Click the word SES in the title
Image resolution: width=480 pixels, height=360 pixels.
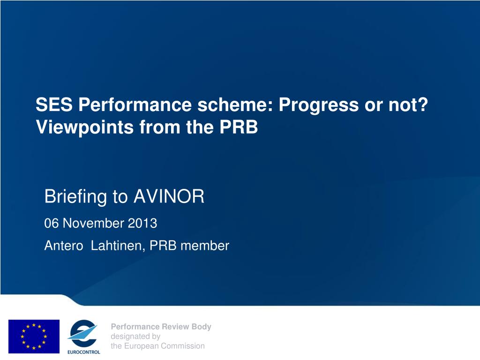[54, 105]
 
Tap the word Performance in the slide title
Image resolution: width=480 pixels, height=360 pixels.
[135, 105]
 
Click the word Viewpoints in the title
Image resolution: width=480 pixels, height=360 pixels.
[85, 127]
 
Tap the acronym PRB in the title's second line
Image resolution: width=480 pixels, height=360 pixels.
[239, 127]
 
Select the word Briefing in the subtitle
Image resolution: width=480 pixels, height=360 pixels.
[75, 197]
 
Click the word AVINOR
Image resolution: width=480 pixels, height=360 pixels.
[169, 196]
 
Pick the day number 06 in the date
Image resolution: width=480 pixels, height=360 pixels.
[51, 223]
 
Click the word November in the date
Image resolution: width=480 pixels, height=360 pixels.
[93, 223]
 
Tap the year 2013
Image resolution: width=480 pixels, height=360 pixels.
[142, 223]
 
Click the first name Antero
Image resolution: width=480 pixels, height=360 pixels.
[64, 246]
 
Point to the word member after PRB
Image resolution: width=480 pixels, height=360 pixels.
[205, 246]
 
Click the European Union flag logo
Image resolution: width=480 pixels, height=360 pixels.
[34, 337]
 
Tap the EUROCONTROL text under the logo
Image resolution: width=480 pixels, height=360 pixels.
[84, 352]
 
